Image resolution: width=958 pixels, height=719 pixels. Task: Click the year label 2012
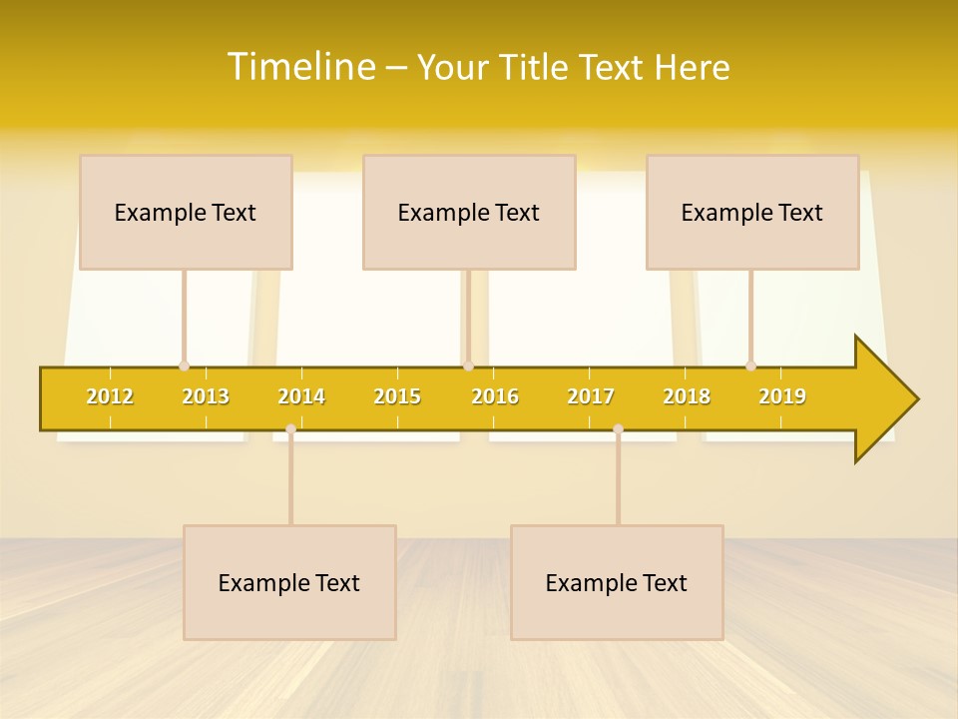coord(110,396)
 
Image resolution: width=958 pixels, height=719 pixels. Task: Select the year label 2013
coord(206,396)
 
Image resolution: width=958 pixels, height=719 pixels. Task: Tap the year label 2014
coord(301,396)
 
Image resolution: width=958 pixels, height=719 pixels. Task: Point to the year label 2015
coord(397,396)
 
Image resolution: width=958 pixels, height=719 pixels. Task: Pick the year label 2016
coord(495,396)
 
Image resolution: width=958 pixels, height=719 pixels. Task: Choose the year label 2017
coord(591,396)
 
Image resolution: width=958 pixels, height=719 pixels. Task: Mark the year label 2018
coord(687,396)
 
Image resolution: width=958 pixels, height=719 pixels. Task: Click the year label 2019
coord(782,396)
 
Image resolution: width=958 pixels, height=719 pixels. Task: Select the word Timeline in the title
coord(299,67)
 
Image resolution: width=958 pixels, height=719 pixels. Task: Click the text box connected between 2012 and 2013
coord(186,212)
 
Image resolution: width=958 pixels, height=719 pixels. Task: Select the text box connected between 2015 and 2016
coord(469,212)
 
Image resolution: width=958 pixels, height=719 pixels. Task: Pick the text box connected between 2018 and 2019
coord(752,212)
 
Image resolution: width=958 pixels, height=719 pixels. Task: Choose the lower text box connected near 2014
coord(289,582)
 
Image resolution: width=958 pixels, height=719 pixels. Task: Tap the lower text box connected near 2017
coord(617,582)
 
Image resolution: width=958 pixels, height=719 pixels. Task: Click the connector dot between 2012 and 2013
coord(184,366)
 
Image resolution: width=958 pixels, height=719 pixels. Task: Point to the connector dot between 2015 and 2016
coord(468,366)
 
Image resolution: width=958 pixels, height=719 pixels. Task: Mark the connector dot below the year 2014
coord(290,428)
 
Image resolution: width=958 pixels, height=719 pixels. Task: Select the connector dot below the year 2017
coord(618,428)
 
